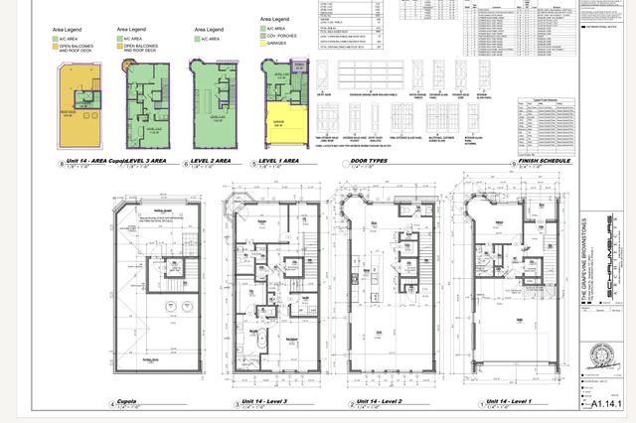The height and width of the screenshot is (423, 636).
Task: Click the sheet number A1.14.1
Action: (x=605, y=405)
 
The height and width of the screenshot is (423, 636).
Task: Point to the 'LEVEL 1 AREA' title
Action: (x=279, y=160)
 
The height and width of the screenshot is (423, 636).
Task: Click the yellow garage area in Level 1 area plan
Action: (x=284, y=123)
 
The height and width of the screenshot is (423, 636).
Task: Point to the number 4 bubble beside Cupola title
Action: (x=111, y=404)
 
